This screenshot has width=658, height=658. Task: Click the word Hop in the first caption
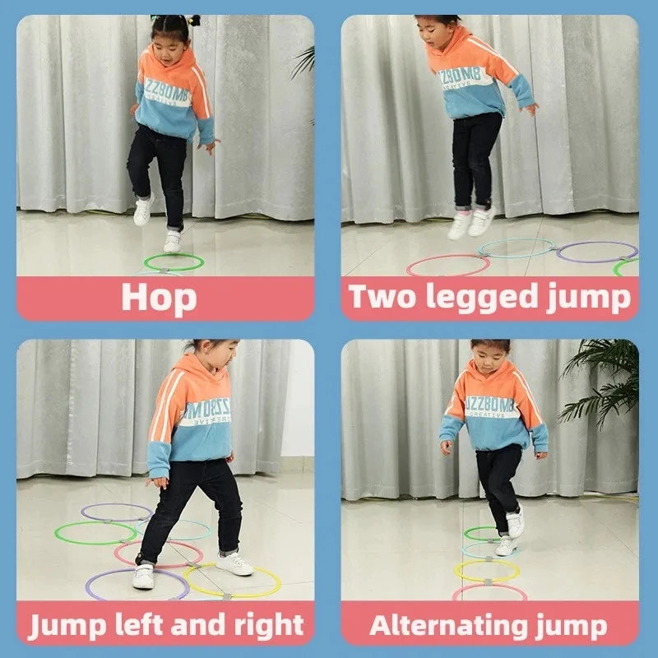pos(159,297)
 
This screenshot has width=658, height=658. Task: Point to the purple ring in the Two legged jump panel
pos(596,252)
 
